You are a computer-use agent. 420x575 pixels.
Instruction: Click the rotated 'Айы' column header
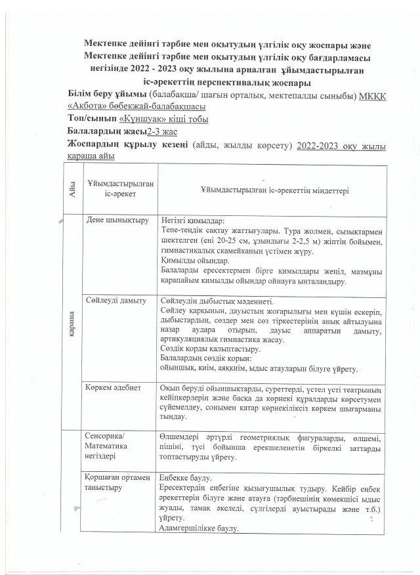pos(70,190)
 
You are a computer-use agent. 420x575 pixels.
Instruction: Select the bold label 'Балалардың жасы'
pos(107,131)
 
